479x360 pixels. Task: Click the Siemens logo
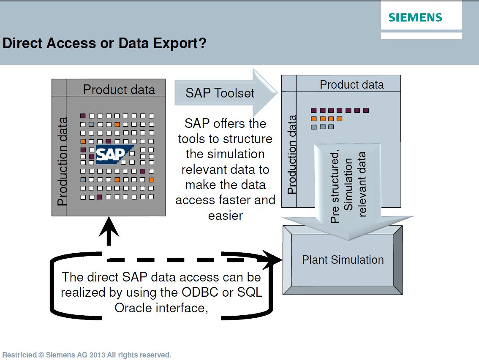point(415,17)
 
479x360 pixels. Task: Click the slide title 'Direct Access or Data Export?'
point(104,43)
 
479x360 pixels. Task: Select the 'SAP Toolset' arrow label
point(220,93)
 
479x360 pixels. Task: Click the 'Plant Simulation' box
point(343,260)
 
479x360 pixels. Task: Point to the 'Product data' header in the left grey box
point(119,89)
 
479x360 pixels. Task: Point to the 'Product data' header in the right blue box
point(351,84)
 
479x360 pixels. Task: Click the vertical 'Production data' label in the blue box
point(291,154)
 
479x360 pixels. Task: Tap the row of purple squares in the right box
point(340,111)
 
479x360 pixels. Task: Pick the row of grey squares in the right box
point(322,127)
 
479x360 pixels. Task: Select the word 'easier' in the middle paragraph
point(226,216)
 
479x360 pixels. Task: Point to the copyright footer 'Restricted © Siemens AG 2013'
point(87,355)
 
